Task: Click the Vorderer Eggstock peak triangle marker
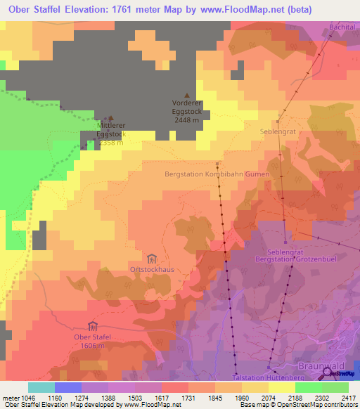tap(186, 96)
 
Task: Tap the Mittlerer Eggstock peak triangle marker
tap(110, 118)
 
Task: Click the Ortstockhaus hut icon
tap(152, 259)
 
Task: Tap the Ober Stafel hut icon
tap(92, 325)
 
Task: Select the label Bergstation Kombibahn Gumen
tap(217, 174)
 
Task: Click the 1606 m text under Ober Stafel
tap(92, 346)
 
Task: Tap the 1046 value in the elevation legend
tap(27, 398)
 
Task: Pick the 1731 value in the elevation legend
tap(188, 398)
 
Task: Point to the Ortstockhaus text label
tap(152, 269)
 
